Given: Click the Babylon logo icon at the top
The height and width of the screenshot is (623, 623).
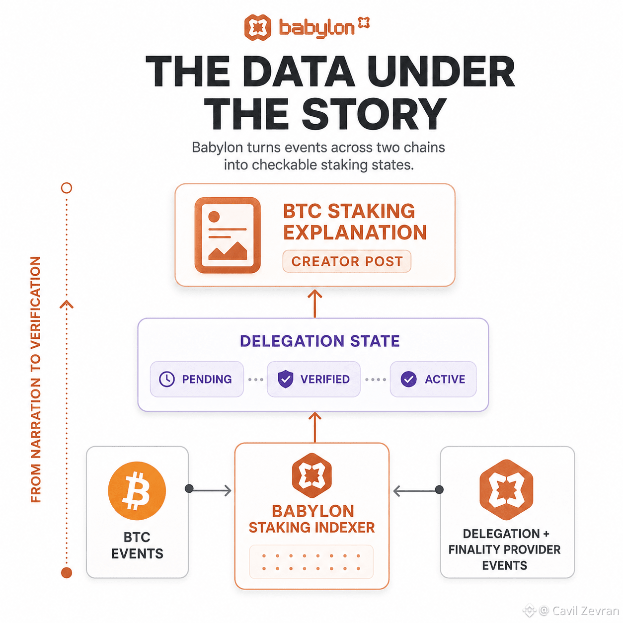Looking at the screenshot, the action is point(257,27).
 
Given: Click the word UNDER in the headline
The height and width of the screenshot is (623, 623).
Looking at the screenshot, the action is point(441,71).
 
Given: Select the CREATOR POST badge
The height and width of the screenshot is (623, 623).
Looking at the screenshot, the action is point(347,261).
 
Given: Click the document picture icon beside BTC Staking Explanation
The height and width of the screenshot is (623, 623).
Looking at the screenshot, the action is point(228,235).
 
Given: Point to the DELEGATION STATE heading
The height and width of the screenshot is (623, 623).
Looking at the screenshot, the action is point(319,341).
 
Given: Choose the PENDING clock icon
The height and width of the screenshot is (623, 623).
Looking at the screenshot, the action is point(167,379).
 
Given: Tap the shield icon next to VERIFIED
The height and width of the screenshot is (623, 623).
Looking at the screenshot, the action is point(286,379).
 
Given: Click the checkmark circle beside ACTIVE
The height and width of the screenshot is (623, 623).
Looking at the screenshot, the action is point(409,379).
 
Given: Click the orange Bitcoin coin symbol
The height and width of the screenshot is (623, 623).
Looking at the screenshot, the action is point(137,490).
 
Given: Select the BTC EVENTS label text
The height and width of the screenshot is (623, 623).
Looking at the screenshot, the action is point(137,545).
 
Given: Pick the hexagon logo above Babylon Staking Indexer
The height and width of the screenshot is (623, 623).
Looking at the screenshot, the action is point(311,475).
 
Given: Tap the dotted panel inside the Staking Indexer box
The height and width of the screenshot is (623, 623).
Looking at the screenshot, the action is point(311,562).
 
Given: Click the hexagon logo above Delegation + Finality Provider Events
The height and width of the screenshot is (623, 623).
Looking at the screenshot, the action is point(506,489).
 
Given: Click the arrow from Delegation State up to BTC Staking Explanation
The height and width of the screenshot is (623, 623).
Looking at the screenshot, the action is point(314,304).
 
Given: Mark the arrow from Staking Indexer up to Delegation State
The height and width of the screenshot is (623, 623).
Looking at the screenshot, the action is point(314,427).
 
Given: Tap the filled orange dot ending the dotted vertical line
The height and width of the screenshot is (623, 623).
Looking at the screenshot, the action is point(67,572).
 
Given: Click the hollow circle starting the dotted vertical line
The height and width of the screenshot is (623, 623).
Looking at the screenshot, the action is point(67,188).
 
